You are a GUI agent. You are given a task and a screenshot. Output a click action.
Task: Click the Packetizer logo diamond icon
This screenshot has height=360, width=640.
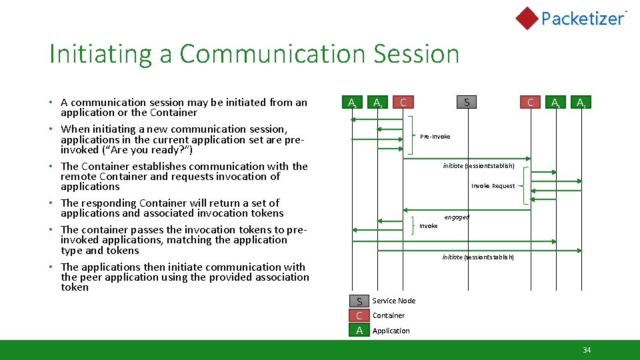point(527,18)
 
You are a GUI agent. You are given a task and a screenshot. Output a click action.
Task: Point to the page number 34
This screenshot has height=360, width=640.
point(587,350)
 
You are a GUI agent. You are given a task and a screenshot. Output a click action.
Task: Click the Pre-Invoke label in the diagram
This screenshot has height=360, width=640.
point(435,137)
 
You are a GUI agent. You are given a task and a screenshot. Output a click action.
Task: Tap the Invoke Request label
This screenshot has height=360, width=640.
point(493,186)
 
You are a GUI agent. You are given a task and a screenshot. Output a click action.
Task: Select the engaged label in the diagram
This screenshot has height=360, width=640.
point(457,217)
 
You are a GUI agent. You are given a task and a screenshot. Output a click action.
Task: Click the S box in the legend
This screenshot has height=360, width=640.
point(359,301)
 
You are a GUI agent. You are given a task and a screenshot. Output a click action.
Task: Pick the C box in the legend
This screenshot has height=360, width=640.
point(359,315)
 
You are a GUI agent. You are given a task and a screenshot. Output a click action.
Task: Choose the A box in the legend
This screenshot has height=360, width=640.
point(359,330)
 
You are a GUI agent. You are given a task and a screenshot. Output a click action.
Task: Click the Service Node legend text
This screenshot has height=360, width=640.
point(393,301)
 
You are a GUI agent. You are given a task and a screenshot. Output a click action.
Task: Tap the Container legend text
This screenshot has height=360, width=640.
point(389,315)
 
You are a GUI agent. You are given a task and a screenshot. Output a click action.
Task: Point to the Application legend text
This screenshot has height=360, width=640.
point(391,331)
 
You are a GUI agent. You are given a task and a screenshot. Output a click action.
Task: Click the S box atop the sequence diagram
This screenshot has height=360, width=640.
point(467,102)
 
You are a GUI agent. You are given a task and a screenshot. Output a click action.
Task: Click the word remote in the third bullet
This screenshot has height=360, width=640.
point(79,177)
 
